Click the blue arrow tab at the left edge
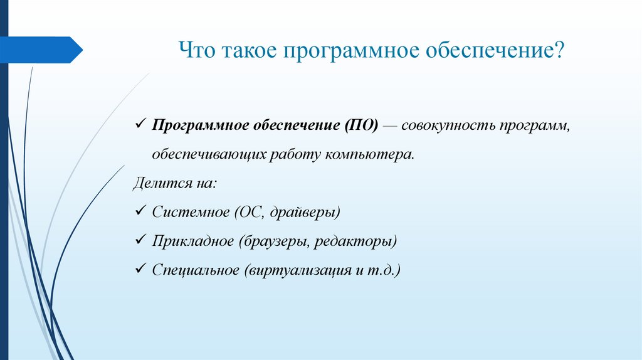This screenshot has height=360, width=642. pyautogui.click(x=41, y=50)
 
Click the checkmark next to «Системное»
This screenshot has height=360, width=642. pyautogui.click(x=140, y=211)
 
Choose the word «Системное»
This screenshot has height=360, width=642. pyautogui.click(x=191, y=212)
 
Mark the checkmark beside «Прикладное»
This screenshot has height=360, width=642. pyautogui.click(x=140, y=241)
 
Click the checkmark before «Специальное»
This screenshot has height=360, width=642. pyautogui.click(x=140, y=270)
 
